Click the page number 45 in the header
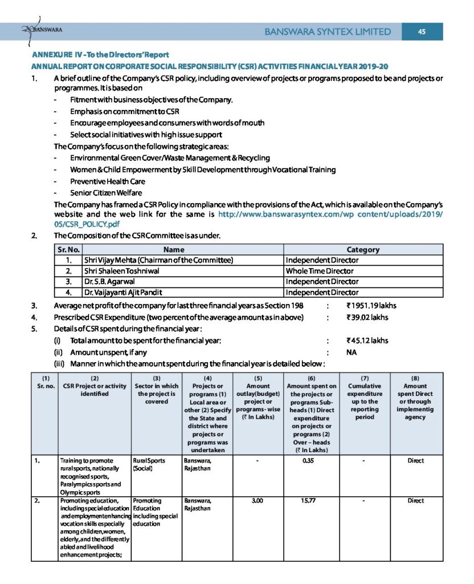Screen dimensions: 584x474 422,31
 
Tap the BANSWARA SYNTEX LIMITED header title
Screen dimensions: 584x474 328,32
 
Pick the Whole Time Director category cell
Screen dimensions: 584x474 320,271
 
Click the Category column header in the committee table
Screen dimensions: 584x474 363,249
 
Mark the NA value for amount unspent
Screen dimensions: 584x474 352,352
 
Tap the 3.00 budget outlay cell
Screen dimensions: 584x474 257,501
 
